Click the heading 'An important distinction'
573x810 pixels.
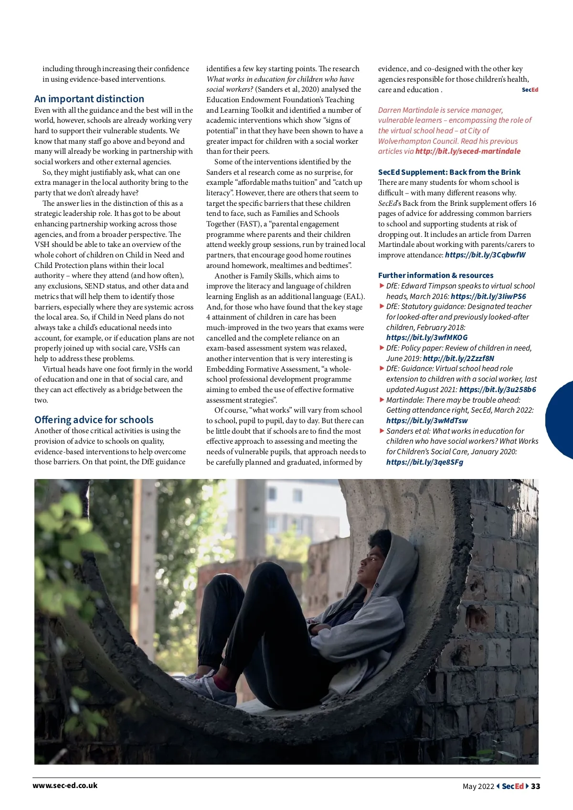click(x=89, y=99)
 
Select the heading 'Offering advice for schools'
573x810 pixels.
click(x=94, y=420)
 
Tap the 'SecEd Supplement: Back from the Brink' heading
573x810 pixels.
click(x=449, y=172)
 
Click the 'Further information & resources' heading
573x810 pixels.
click(x=435, y=275)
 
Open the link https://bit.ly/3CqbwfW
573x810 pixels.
click(x=485, y=255)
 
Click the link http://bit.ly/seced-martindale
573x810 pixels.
click(x=468, y=151)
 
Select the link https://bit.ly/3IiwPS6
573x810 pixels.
click(x=488, y=296)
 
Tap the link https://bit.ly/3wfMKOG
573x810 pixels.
click(x=427, y=338)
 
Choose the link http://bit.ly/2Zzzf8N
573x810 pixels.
click(x=458, y=358)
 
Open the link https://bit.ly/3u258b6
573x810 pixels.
click(x=497, y=389)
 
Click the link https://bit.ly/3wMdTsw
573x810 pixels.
click(x=427, y=421)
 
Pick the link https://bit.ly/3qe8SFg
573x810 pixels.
click(x=424, y=462)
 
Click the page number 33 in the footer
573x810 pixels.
click(x=535, y=786)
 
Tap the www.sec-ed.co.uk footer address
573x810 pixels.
click(x=65, y=785)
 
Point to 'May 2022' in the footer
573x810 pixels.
click(x=478, y=786)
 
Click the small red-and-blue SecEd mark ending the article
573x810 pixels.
click(x=530, y=90)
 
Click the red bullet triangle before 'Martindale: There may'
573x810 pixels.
click(x=382, y=399)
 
